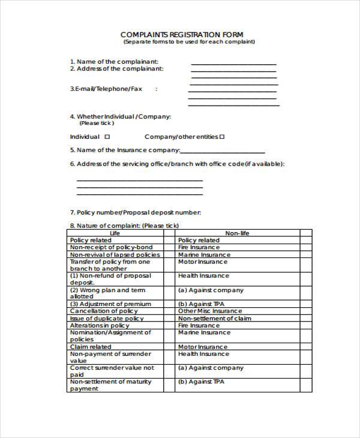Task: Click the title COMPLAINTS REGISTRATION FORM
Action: [182, 34]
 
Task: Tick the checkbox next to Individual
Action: [107, 137]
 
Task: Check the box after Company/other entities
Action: [222, 137]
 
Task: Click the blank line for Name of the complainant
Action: [233, 63]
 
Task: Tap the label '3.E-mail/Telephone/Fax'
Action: [106, 89]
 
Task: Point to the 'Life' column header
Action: [115, 233]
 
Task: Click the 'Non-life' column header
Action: [237, 233]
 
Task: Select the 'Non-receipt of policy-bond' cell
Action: [112, 247]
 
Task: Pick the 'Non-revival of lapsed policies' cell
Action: [115, 254]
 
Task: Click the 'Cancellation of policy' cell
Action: [104, 311]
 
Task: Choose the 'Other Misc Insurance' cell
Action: [210, 311]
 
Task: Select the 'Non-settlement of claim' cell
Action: [215, 318]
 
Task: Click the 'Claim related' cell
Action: [91, 347]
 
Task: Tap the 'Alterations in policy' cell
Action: [100, 325]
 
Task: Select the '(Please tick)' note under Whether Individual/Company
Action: [97, 123]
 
